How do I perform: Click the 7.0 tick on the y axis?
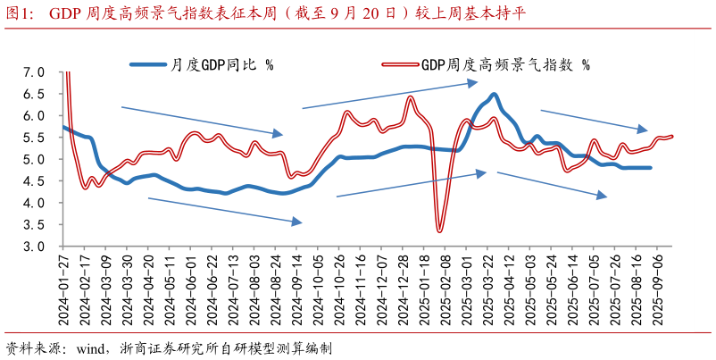pyautogui.click(x=33, y=72)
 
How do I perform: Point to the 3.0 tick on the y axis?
pyautogui.click(x=33, y=247)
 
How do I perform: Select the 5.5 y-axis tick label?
pyautogui.click(x=33, y=138)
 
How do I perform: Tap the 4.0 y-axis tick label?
pyautogui.click(x=33, y=203)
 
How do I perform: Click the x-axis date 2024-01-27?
pyautogui.click(x=64, y=287)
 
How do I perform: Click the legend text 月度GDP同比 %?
pyautogui.click(x=222, y=64)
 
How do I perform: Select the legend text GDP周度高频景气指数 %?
pyautogui.click(x=504, y=64)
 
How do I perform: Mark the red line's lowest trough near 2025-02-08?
pyautogui.click(x=440, y=231)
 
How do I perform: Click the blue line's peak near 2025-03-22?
pyautogui.click(x=494, y=94)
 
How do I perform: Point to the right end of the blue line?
pyautogui.click(x=650, y=168)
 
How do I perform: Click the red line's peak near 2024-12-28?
pyautogui.click(x=410, y=97)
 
